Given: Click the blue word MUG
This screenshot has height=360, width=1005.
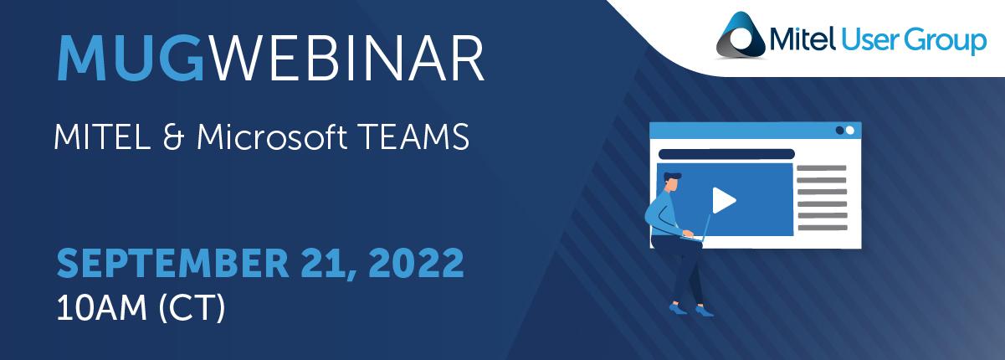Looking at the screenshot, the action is click(131, 59).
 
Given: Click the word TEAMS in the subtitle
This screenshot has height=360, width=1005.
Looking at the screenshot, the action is click(413, 136).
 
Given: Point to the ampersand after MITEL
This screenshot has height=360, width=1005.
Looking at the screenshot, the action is click(173, 136).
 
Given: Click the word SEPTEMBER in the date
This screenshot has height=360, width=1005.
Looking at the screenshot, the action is click(172, 263).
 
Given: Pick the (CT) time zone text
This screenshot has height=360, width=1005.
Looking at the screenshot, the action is click(192, 308).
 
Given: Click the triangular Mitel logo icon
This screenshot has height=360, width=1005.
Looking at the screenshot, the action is click(741, 36).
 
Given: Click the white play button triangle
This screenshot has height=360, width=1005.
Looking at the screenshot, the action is click(723, 200).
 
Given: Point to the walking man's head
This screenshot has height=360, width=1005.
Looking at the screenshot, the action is click(673, 182).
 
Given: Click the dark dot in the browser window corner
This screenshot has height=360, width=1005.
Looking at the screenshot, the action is click(840, 130).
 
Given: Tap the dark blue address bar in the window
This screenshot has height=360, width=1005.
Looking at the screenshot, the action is click(726, 154).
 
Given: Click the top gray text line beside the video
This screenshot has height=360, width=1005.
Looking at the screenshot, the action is click(822, 168).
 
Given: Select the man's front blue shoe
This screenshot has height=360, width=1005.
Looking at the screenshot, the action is click(704, 311).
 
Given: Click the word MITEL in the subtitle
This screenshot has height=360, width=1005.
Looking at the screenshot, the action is click(103, 136).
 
